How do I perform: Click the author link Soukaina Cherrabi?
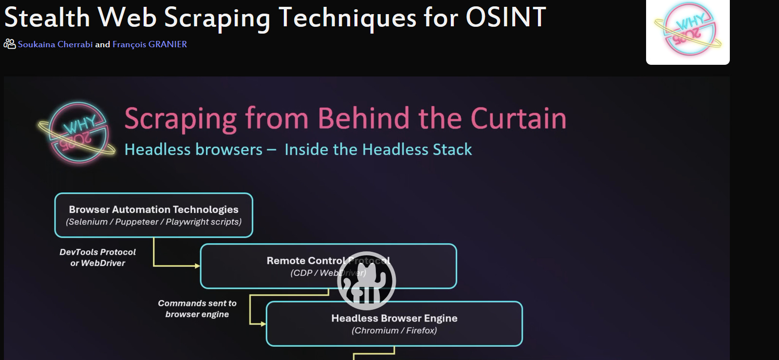[x=55, y=44]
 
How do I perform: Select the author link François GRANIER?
[x=149, y=44]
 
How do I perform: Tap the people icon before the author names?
[x=9, y=44]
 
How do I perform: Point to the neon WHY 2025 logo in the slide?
[x=77, y=133]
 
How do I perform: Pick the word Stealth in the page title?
[x=47, y=18]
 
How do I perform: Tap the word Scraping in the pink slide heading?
[x=180, y=119]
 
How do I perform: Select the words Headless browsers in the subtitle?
[x=193, y=150]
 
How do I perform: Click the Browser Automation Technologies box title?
[x=153, y=209]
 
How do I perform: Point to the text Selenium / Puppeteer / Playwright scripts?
[x=153, y=222]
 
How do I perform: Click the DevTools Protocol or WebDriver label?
[x=97, y=258]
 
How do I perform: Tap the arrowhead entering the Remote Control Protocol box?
[x=197, y=266]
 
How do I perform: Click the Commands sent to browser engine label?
[x=197, y=309]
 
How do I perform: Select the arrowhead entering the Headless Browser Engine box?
[x=263, y=324]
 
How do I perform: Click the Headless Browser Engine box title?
[x=394, y=318]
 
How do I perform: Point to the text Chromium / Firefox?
[x=394, y=331]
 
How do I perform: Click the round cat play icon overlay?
[x=366, y=281]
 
